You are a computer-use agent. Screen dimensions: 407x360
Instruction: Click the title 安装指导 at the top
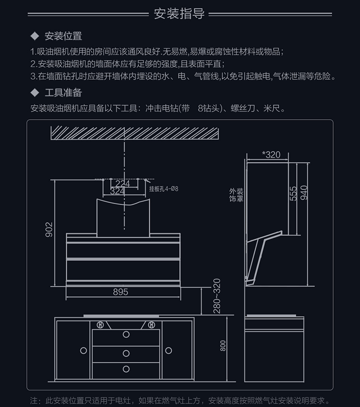coord(180,13)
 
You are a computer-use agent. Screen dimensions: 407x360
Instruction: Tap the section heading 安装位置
coord(63,36)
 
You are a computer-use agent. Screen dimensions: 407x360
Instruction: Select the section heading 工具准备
coord(63,92)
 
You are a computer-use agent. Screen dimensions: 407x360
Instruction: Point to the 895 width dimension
coord(120,292)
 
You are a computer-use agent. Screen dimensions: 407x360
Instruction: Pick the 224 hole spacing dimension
coord(123,184)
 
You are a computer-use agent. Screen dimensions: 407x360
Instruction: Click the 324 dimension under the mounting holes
coord(118,191)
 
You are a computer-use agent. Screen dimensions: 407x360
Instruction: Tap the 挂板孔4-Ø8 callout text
coord(164,189)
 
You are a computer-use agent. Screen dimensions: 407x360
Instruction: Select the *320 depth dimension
coord(271,155)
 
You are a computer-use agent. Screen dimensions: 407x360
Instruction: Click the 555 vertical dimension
coord(293,193)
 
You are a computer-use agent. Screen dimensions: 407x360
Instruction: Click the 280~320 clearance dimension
coord(216,296)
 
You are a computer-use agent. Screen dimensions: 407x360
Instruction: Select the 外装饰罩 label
coord(236,195)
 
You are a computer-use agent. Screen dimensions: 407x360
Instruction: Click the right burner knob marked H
coord(151,324)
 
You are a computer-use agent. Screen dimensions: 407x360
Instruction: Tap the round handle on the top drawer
coord(126,334)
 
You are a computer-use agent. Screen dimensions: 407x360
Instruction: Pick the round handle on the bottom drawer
coord(126,369)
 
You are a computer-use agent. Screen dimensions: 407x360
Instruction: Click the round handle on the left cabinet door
coord(84,351)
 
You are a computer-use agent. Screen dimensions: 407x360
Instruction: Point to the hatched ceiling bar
coord(135,132)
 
